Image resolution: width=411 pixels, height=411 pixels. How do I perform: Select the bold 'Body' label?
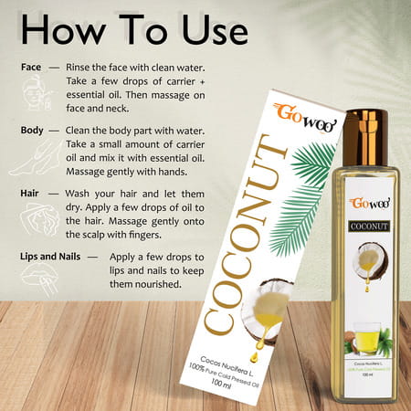point(35,131)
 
